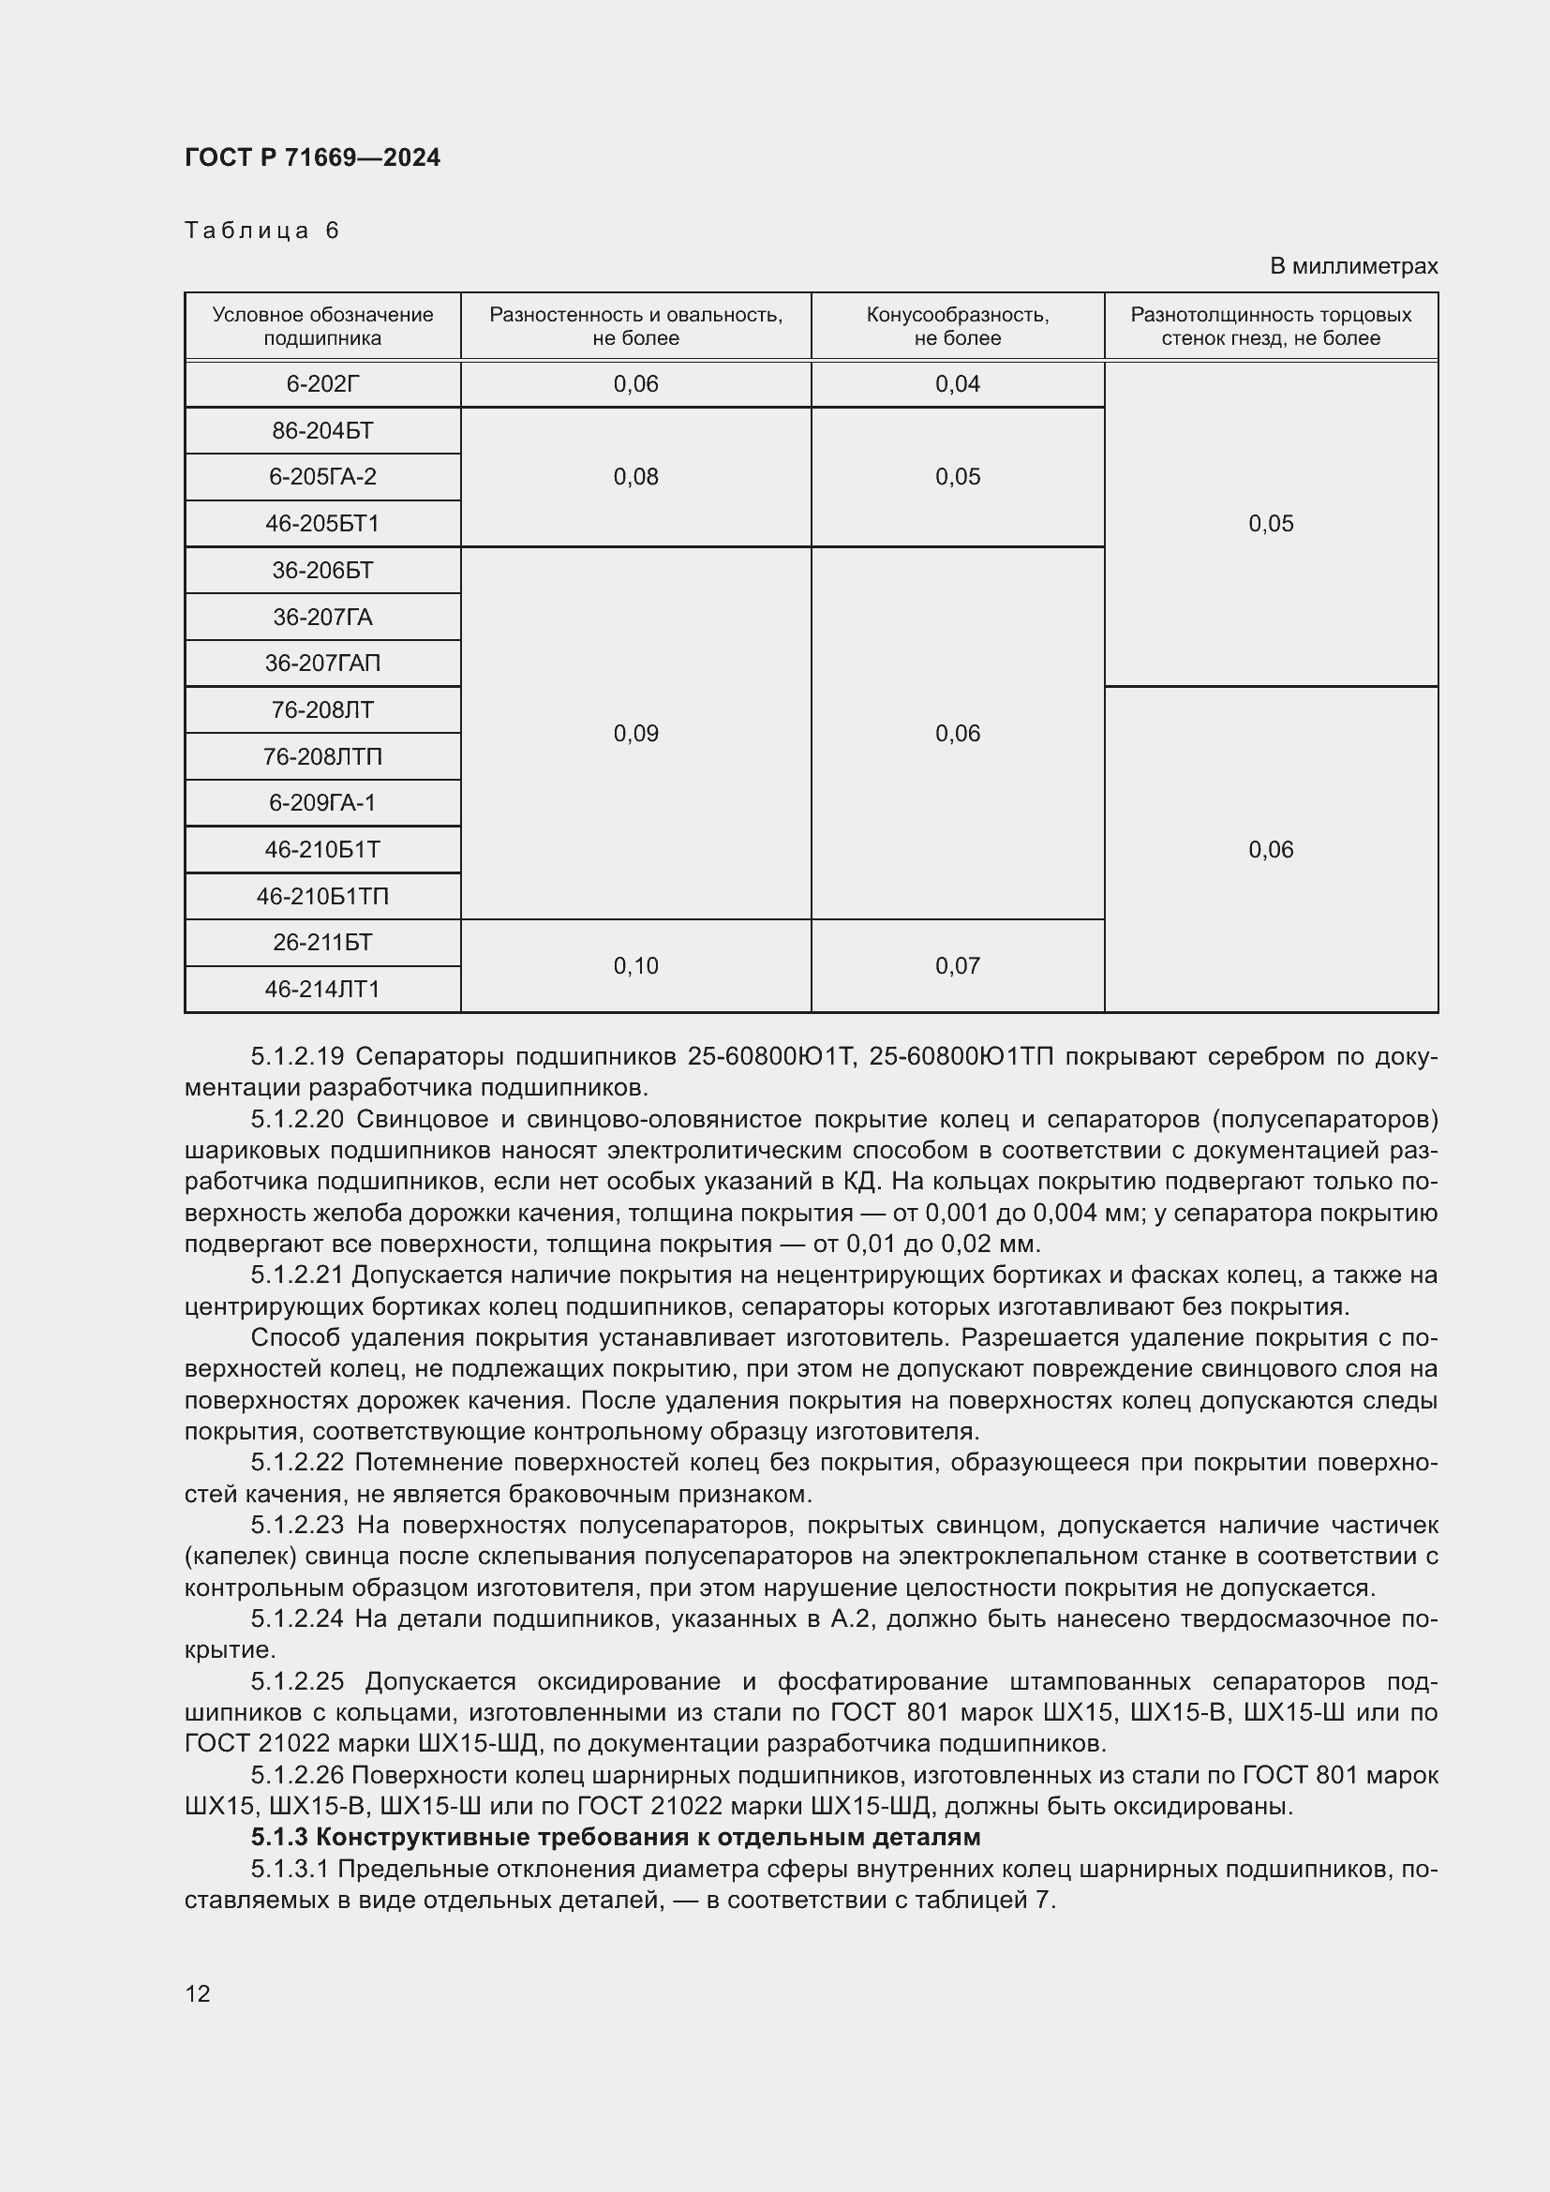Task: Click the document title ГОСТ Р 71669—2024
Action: (312, 157)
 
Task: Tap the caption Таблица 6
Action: (261, 231)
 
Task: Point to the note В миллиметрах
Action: (1352, 266)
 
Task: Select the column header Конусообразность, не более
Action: (958, 326)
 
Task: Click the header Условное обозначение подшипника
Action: (322, 326)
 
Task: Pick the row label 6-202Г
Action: (322, 384)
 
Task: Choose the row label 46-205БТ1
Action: (322, 523)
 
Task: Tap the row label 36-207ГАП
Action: (322, 663)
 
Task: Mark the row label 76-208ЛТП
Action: (322, 756)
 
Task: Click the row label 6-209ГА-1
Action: (322, 802)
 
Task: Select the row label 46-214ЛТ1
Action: (322, 989)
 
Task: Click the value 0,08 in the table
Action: (635, 476)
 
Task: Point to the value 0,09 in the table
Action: (635, 733)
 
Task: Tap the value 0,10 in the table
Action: (635, 966)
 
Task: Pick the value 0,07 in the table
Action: (958, 966)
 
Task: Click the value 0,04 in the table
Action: (958, 384)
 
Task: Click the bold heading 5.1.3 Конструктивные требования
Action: (616, 1837)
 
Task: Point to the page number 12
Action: (198, 1993)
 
